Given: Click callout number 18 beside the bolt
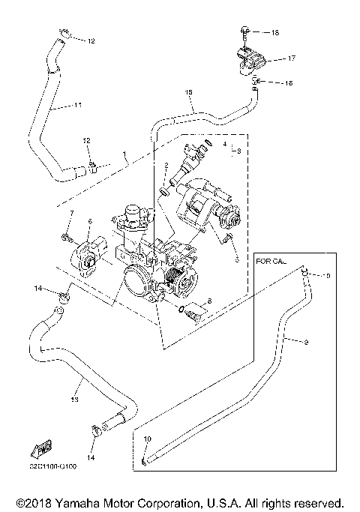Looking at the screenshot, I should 274,33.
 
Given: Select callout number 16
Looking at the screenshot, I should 287,83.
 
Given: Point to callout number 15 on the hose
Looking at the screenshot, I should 188,93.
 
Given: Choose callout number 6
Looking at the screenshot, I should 89,221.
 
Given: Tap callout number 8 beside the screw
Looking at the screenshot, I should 209,301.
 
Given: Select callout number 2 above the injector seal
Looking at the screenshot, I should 166,165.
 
